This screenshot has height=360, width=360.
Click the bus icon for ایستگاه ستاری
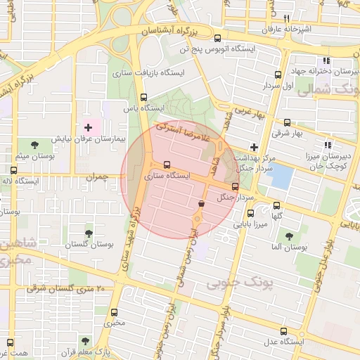[166, 165]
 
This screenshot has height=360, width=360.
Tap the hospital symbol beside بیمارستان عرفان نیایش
[88, 127]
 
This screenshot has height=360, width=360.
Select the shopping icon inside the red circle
[202, 203]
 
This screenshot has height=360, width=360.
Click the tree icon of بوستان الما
[289, 236]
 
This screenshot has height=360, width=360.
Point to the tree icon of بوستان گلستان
[88, 233]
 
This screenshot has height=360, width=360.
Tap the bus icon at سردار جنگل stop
[235, 187]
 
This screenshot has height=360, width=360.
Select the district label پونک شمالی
[328, 90]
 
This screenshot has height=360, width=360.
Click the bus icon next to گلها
[276, 206]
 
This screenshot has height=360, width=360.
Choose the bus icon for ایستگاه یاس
[144, 98]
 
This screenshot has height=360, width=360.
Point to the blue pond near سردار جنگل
[281, 176]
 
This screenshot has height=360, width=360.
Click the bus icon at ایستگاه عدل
[283, 331]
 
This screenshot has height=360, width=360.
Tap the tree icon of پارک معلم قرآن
[86, 341]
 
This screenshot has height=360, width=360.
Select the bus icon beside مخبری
[116, 312]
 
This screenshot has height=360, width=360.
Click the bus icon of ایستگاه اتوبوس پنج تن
[217, 39]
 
